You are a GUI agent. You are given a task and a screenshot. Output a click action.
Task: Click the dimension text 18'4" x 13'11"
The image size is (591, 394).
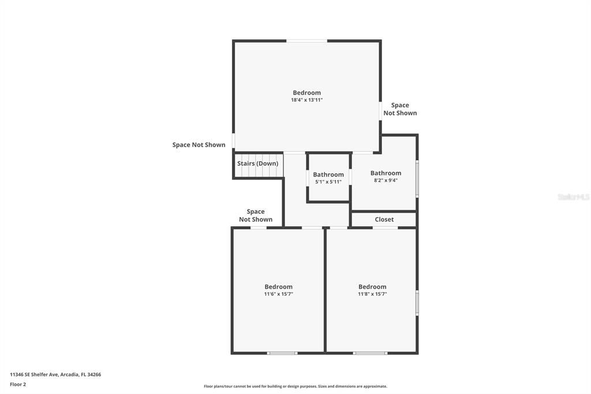click(x=306, y=100)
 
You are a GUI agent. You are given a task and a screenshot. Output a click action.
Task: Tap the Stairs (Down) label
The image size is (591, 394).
click(x=257, y=163)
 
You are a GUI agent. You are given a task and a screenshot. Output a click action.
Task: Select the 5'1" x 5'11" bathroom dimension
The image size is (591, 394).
click(x=328, y=182)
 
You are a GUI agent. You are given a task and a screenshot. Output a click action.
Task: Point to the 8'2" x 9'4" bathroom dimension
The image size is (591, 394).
click(x=386, y=180)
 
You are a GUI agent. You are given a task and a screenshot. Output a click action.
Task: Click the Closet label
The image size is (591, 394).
click(x=384, y=220)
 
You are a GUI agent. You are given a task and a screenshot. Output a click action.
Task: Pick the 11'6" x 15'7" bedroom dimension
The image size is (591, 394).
click(x=278, y=294)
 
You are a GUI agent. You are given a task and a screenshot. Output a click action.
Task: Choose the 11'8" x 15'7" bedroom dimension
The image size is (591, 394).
click(x=372, y=294)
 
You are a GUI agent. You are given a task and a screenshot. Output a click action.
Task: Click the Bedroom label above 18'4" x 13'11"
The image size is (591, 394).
click(x=306, y=92)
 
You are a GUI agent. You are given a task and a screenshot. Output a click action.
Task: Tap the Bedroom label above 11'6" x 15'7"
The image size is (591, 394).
click(x=278, y=287)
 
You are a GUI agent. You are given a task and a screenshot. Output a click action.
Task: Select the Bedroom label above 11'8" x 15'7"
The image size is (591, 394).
click(x=372, y=287)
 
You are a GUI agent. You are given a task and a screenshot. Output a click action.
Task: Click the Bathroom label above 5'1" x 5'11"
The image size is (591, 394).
click(x=328, y=174)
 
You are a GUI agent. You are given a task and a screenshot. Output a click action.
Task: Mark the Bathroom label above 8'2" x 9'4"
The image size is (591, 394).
click(x=386, y=173)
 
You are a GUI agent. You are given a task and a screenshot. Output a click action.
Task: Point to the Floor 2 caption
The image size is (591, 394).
click(x=18, y=384)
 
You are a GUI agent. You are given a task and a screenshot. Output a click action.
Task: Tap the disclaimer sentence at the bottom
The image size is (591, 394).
click(x=295, y=386)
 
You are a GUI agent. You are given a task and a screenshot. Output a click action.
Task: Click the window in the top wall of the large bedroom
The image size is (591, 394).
click(x=307, y=41)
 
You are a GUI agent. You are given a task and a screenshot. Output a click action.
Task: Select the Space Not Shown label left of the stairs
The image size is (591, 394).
click(x=199, y=144)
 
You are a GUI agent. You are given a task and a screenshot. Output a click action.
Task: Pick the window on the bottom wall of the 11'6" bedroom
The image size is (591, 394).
click(x=282, y=352)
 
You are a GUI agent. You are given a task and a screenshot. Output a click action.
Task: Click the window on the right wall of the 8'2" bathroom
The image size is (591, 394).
click(x=417, y=180)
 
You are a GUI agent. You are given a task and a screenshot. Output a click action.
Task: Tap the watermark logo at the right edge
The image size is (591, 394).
click(x=573, y=197)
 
